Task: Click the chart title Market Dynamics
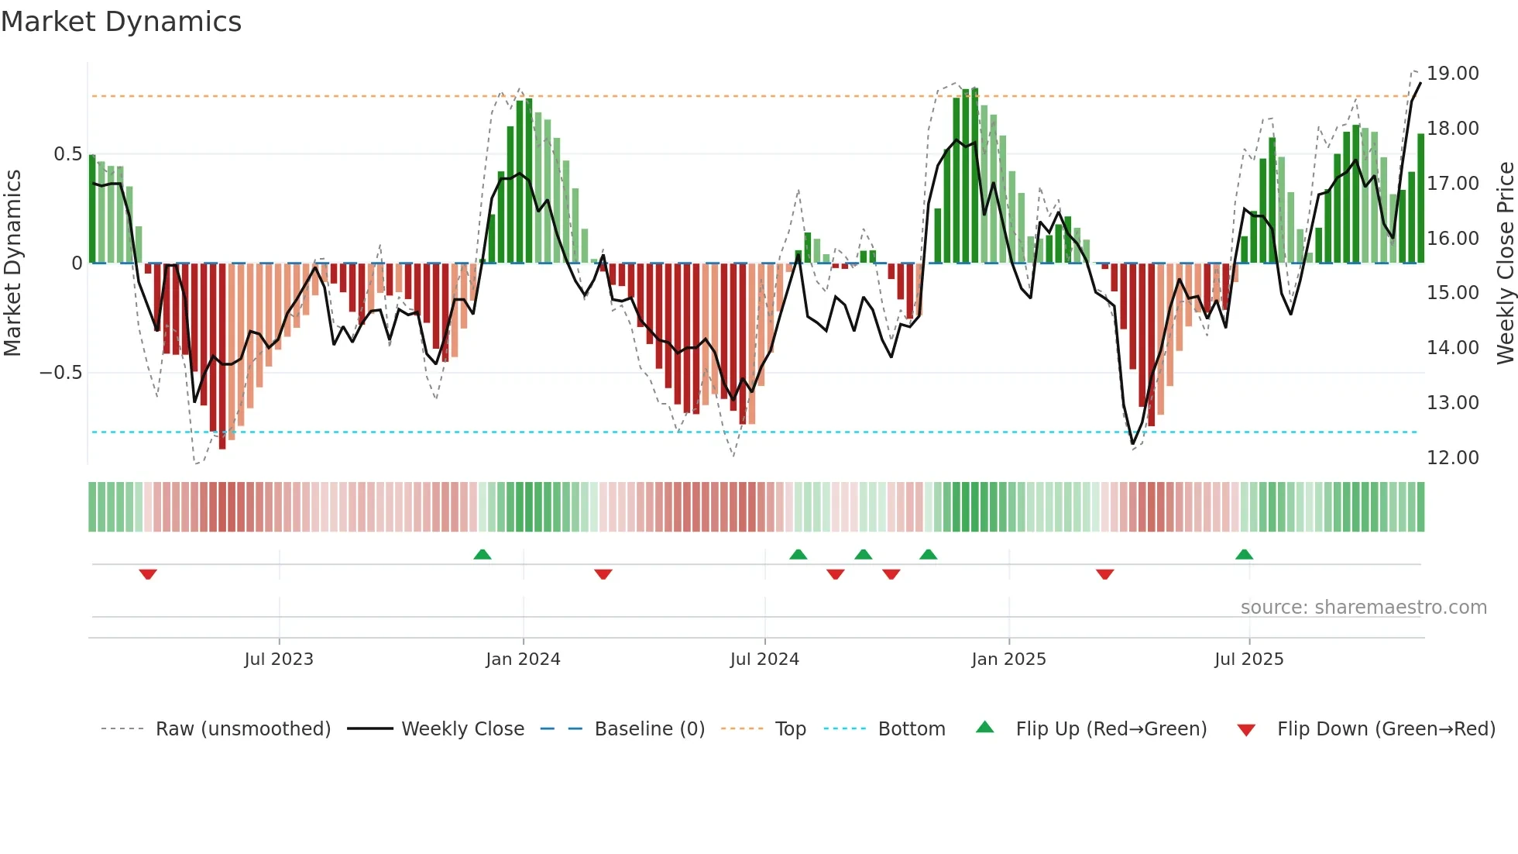pos(121,22)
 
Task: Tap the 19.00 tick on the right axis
pos(1452,74)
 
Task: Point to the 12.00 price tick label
pos(1452,458)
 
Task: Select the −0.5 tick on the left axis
pos(60,373)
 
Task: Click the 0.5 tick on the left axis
pos(67,154)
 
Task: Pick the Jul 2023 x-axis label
pos(279,659)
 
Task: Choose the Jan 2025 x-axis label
pos(1008,659)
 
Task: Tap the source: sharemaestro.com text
pos(1363,608)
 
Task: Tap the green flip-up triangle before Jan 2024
pos(483,555)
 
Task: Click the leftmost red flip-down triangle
pos(148,574)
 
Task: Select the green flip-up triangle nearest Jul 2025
pos(1244,555)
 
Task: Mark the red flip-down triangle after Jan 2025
pos(1105,574)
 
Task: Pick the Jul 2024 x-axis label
pos(764,659)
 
